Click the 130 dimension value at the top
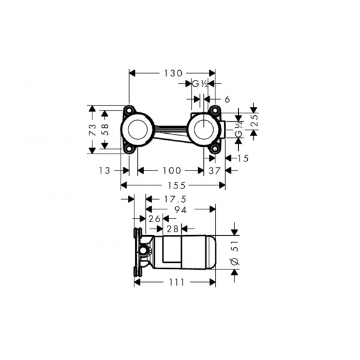(173, 73)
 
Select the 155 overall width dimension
(176, 185)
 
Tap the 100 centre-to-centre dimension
(172, 170)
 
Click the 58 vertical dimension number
(104, 130)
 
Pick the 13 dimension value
(104, 170)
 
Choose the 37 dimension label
(214, 171)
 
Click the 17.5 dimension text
(175, 199)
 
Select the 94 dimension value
(181, 209)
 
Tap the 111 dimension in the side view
(176, 283)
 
